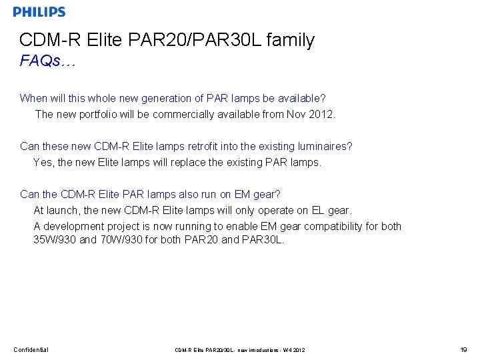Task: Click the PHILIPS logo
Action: pos(39,12)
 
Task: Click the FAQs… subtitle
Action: pos(48,61)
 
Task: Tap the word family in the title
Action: pos(290,40)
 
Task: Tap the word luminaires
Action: pos(325,146)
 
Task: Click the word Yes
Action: pos(43,162)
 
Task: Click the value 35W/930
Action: pos(55,239)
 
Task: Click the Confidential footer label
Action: pos(31,349)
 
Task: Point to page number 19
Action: pos(463,349)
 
